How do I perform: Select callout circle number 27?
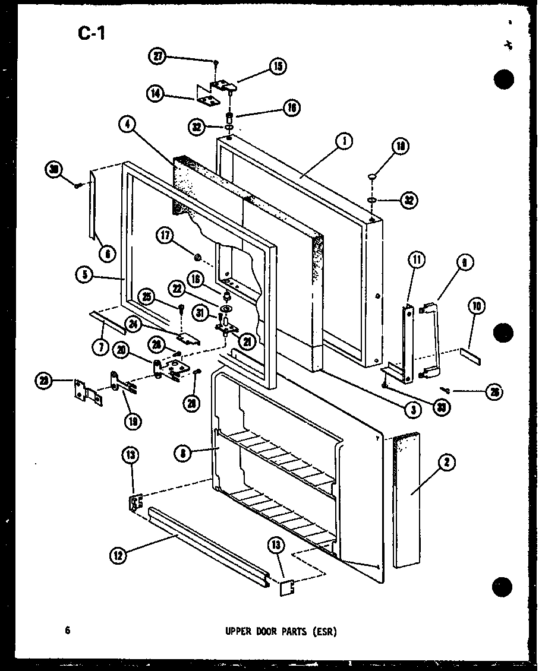click(x=157, y=56)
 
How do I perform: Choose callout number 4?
click(x=127, y=124)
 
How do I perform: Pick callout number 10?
click(x=477, y=307)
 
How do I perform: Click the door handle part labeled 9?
click(x=431, y=341)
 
